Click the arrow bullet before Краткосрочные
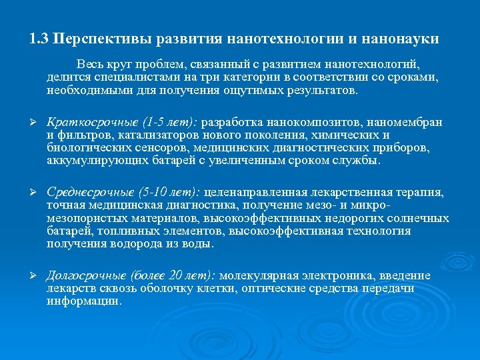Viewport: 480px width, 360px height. [x=33, y=123]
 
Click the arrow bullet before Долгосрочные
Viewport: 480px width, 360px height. [x=33, y=277]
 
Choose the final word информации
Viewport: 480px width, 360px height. [x=85, y=300]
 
